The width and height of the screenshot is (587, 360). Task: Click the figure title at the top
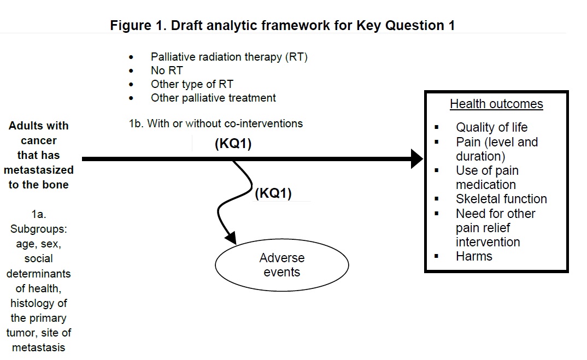click(x=282, y=25)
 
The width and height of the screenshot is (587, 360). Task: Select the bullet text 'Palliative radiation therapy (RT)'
click(x=229, y=57)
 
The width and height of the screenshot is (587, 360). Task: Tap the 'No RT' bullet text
click(x=167, y=70)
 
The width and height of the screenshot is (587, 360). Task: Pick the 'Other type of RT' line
click(x=192, y=84)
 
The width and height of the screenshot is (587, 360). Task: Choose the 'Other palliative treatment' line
click(x=213, y=98)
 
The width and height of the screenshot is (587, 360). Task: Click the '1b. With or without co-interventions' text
click(x=215, y=123)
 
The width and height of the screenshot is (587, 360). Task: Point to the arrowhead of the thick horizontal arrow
click(x=416, y=159)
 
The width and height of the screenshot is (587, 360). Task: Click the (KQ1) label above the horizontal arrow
click(x=233, y=145)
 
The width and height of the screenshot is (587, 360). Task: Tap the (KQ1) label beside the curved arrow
click(x=273, y=194)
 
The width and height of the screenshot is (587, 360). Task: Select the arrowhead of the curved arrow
click(x=231, y=239)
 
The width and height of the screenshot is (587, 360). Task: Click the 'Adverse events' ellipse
click(x=282, y=265)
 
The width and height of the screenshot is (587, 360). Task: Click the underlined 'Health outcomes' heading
click(x=496, y=104)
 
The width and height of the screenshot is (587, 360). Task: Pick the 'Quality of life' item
click(x=492, y=128)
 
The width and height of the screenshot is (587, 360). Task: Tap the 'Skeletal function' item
click(x=501, y=199)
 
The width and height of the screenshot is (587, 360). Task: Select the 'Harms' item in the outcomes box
click(x=474, y=257)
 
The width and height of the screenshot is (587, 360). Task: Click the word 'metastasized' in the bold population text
click(x=38, y=170)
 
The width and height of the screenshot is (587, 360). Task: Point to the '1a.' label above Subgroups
click(x=38, y=215)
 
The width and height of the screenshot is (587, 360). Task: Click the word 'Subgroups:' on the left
click(x=38, y=229)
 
